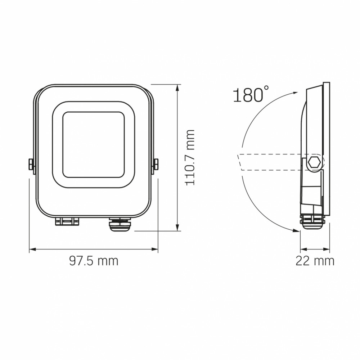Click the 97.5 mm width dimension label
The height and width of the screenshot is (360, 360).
pyautogui.click(x=94, y=261)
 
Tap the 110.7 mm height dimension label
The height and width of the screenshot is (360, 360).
pyautogui.click(x=190, y=158)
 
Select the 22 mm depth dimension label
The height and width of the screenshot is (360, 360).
pyautogui.click(x=315, y=261)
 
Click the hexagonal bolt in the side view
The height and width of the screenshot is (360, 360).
pyautogui.click(x=314, y=163)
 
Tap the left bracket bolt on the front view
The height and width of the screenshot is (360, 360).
pyautogui.click(x=31, y=164)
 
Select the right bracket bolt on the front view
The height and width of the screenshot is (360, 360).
pyautogui.click(x=156, y=164)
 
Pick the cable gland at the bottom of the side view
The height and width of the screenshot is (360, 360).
pyautogui.click(x=313, y=222)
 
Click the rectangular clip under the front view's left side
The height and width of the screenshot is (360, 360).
pyautogui.click(x=67, y=221)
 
